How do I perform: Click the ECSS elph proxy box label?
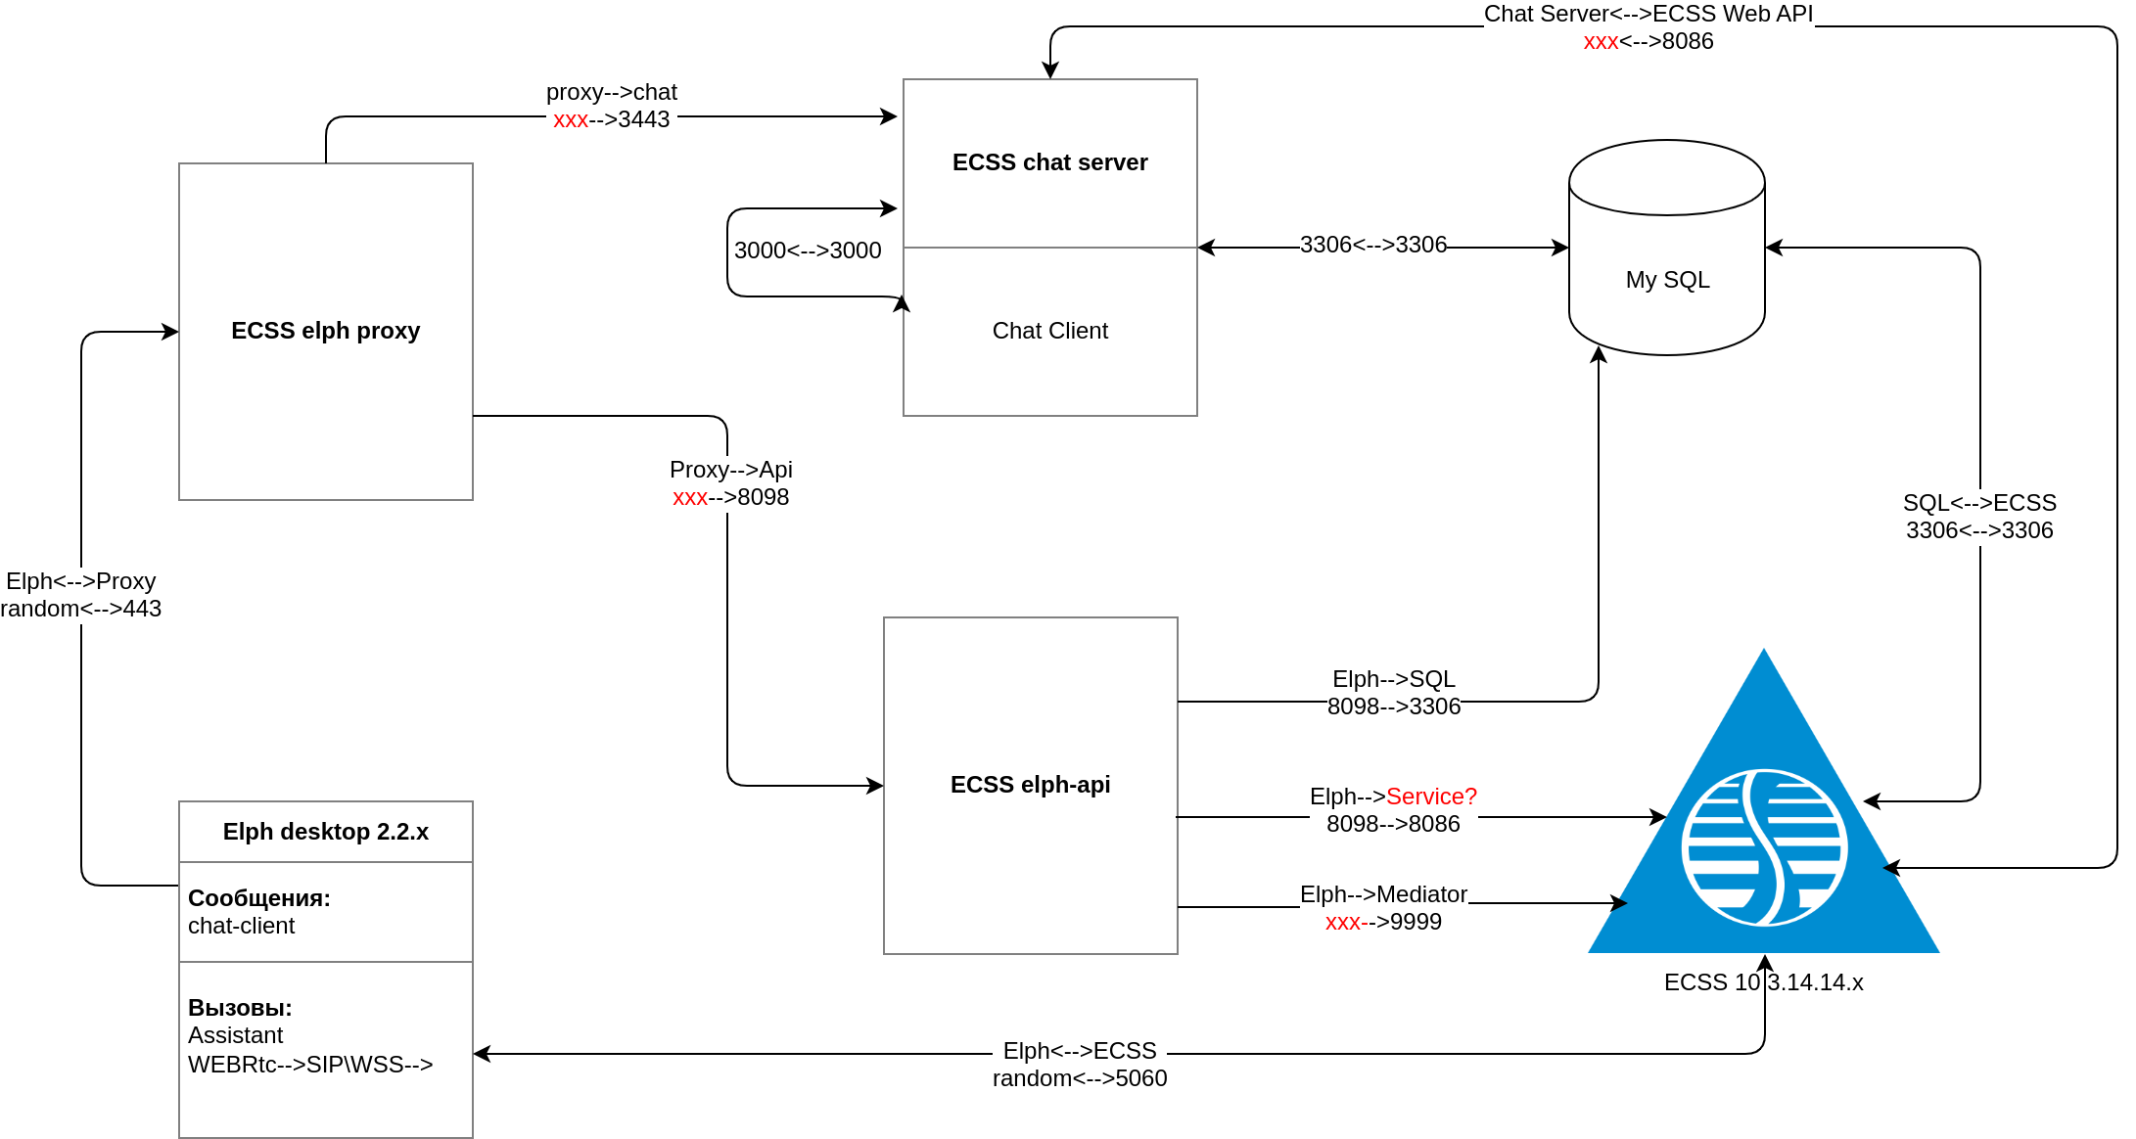pyautogui.click(x=325, y=331)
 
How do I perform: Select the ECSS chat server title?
pyautogui.click(x=1049, y=162)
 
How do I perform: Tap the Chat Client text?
pyautogui.click(x=1049, y=331)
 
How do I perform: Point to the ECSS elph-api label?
pyautogui.click(x=1030, y=785)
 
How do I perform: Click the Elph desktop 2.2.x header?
pyautogui.click(x=325, y=832)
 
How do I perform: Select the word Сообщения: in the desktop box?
pyautogui.click(x=259, y=898)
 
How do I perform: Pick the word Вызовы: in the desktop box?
pyautogui.click(x=240, y=1008)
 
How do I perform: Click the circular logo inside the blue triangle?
pyautogui.click(x=1764, y=847)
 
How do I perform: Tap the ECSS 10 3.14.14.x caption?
pyautogui.click(x=1763, y=982)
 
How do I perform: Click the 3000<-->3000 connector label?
pyautogui.click(x=808, y=251)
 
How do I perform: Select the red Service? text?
pyautogui.click(x=1431, y=797)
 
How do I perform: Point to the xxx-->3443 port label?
pyautogui.click(x=611, y=119)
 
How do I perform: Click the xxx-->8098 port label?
pyautogui.click(x=730, y=497)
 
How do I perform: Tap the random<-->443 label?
pyautogui.click(x=81, y=609)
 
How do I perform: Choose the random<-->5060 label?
pyautogui.click(x=1079, y=1078)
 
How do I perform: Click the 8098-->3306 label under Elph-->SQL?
pyautogui.click(x=1393, y=706)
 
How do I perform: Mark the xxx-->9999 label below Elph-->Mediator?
pyautogui.click(x=1382, y=922)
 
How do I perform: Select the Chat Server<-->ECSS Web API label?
pyautogui.click(x=1648, y=14)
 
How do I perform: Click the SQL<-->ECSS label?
pyautogui.click(x=1979, y=503)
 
